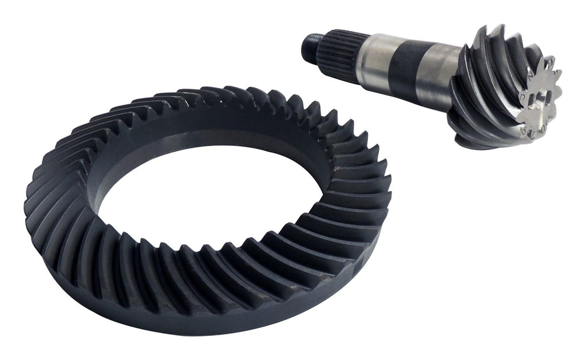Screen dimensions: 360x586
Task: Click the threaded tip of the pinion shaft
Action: (x=308, y=43)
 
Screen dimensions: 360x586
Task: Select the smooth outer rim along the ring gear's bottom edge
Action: (x=200, y=323)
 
